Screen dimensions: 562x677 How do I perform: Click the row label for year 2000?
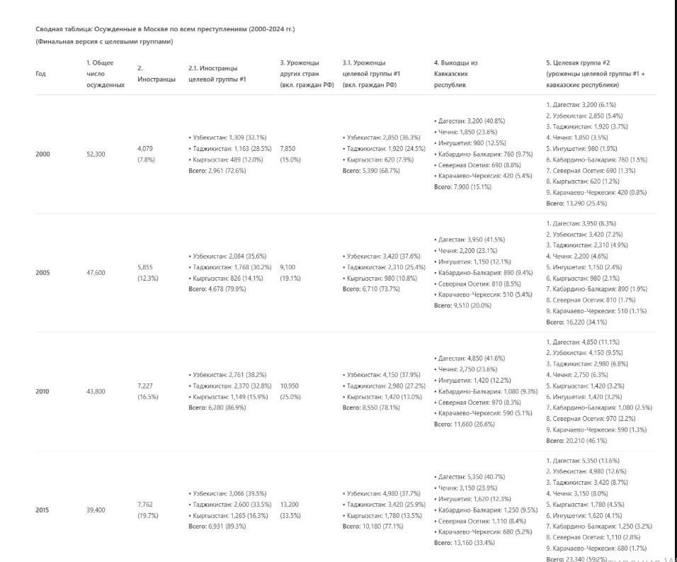42,154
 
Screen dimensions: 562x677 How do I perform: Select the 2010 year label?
42,391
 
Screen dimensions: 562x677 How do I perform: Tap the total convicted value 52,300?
96,154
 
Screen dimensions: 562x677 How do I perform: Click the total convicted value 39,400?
96,510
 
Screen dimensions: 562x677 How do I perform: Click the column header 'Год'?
40,74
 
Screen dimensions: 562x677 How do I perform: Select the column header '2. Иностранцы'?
156,74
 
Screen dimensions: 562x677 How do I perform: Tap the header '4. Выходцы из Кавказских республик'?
460,73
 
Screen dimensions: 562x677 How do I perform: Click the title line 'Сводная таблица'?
164,29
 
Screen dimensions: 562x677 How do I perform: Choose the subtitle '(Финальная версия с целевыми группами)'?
104,42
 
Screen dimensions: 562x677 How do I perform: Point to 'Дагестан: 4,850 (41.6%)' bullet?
471,358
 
